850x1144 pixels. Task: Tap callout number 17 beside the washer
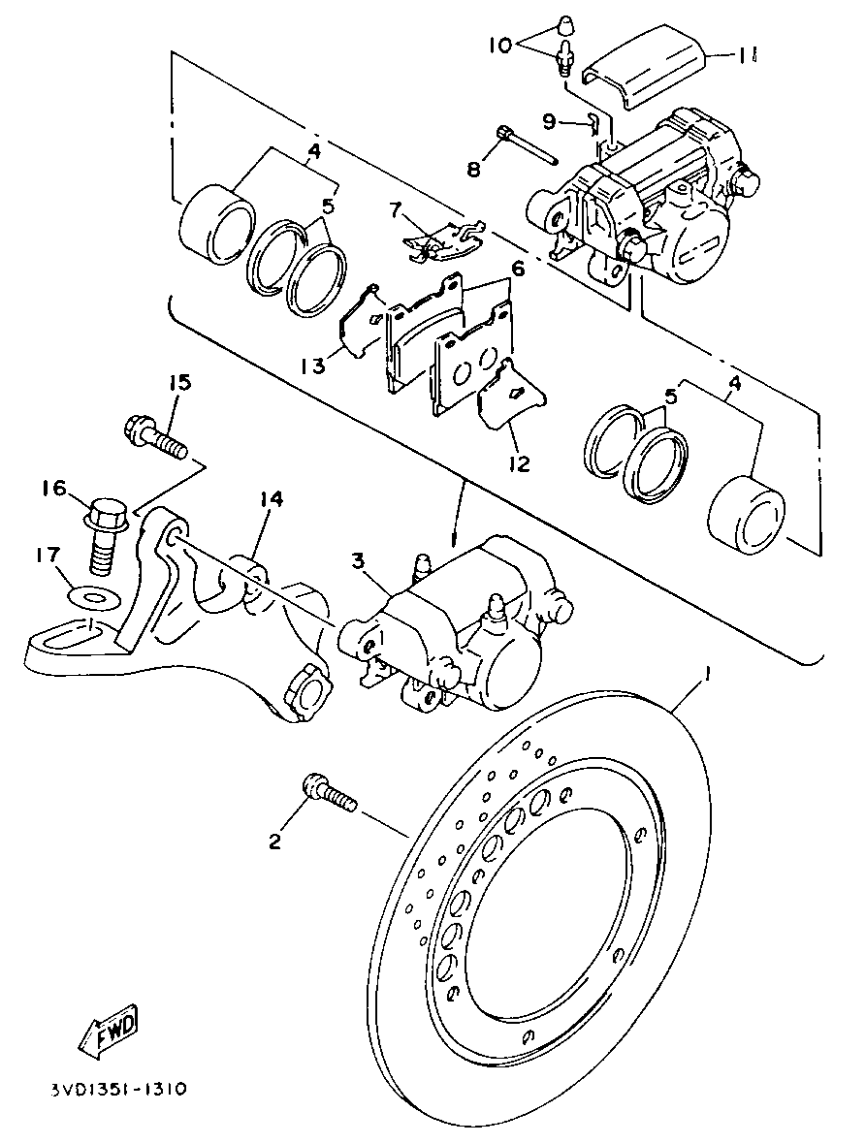tap(48, 555)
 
